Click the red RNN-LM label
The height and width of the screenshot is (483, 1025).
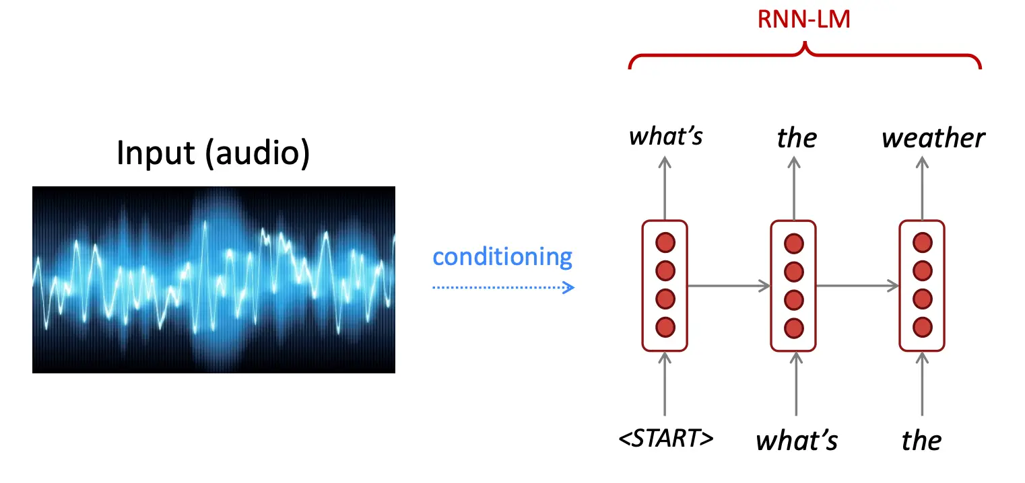(x=803, y=20)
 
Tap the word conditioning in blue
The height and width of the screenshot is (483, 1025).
(x=502, y=257)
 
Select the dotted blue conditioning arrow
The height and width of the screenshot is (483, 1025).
(x=503, y=287)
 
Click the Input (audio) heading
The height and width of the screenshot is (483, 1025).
(x=213, y=153)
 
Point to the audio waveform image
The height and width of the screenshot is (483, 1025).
(x=213, y=280)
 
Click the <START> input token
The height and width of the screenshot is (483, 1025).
(x=666, y=438)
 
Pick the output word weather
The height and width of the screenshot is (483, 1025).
(x=933, y=138)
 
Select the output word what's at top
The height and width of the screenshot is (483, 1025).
(x=666, y=136)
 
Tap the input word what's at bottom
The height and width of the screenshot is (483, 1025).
(x=797, y=441)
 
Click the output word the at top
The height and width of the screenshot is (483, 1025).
(x=797, y=138)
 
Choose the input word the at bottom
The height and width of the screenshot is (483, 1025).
(x=921, y=441)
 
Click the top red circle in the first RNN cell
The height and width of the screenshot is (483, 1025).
(x=665, y=243)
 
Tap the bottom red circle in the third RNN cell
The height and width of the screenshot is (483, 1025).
(x=923, y=327)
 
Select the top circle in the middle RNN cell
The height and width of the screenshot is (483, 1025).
(x=794, y=244)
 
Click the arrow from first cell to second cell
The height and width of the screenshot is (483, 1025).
(x=729, y=286)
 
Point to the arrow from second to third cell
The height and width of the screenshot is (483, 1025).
(x=857, y=286)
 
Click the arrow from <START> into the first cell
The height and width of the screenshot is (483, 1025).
(x=665, y=384)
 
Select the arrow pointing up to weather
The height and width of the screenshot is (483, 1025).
(x=923, y=188)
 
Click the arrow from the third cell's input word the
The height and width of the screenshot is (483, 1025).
(x=922, y=384)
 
